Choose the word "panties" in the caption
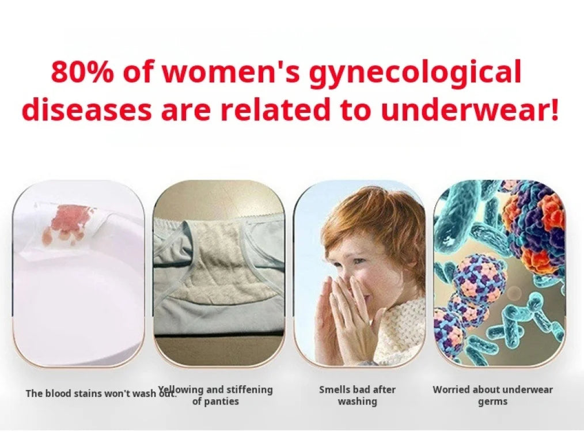pos(221,401)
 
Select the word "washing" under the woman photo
pos(357,401)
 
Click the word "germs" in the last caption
pos(492,402)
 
